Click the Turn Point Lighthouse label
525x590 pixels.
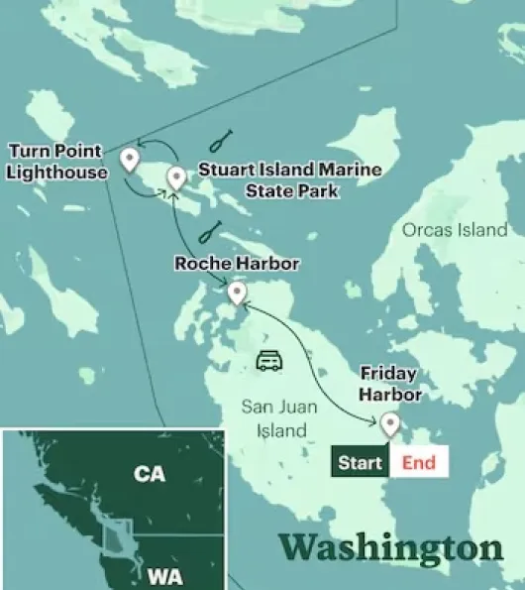click(56, 162)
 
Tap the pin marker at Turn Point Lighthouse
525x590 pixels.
click(128, 159)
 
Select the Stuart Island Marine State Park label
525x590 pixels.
click(289, 179)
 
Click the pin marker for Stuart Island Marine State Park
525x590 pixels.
click(176, 177)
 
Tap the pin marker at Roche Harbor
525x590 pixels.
click(237, 293)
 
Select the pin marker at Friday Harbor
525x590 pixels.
click(390, 425)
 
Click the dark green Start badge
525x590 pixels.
click(360, 462)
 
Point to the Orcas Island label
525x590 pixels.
click(455, 230)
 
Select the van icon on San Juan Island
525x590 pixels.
click(268, 360)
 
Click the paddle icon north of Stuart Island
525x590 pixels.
click(223, 141)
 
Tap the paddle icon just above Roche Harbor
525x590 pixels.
click(208, 232)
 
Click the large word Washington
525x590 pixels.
click(391, 546)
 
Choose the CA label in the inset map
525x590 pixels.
click(149, 474)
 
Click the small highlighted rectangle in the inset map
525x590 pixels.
click(117, 535)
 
